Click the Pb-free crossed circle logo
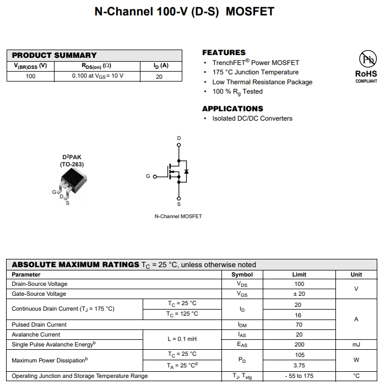click(367, 58)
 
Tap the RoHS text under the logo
click(366, 73)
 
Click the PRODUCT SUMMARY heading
click(54, 55)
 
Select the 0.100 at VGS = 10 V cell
click(97, 76)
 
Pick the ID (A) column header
click(161, 66)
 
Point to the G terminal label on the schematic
click(148, 177)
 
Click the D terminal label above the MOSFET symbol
click(178, 138)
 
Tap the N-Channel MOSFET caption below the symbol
click(178, 216)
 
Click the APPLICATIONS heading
click(232, 109)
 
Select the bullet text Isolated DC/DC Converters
click(252, 118)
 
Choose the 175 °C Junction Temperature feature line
click(255, 72)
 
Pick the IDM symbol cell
click(242, 324)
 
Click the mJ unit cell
click(356, 344)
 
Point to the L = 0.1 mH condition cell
click(182, 339)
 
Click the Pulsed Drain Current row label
click(39, 324)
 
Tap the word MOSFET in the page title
click(252, 11)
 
